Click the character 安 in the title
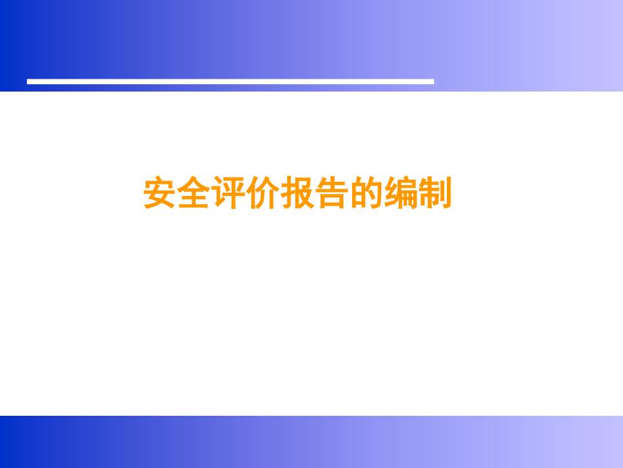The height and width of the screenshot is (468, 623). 159,193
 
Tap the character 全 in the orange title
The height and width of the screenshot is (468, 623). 194,193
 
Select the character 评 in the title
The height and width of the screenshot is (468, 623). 228,193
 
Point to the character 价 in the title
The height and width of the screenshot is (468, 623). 263,193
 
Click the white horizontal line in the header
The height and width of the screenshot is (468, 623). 230,81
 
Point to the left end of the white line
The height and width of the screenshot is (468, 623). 27,81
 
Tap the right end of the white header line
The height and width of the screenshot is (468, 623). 434,81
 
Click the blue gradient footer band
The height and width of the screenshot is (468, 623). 311,442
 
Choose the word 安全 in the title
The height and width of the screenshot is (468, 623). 177,193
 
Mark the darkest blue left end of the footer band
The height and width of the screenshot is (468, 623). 6,442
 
